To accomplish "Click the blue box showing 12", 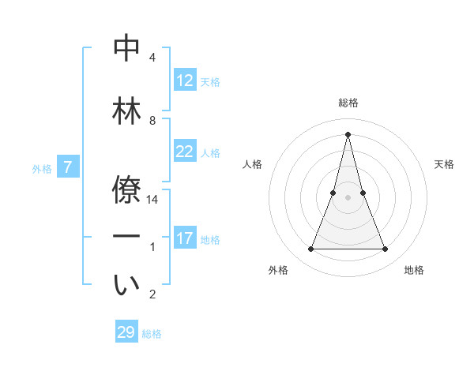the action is tap(185, 81).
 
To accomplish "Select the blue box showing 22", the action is tap(185, 152).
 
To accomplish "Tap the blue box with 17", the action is tap(185, 238).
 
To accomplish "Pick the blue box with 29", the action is tap(126, 332).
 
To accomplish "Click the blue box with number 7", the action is tap(68, 167).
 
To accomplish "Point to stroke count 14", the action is tap(153, 200).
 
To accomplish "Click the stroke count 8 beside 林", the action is tap(152, 121).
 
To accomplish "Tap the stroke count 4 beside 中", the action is tap(152, 58).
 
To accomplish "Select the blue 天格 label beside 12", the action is tap(210, 82).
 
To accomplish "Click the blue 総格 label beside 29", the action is tap(152, 334).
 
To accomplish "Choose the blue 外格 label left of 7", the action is tap(42, 168).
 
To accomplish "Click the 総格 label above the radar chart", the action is tap(348, 103).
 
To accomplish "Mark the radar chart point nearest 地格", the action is tap(386, 249).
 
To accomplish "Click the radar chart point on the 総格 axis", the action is tap(348, 133).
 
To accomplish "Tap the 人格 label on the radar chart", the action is tap(252, 164).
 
